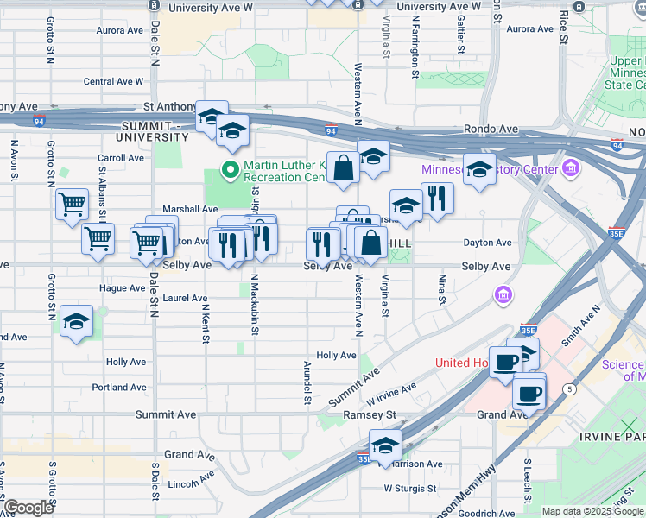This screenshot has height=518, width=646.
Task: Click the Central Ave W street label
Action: (113, 82)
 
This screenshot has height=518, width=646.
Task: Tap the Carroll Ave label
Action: (120, 158)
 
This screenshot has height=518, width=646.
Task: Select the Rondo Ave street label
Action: (491, 129)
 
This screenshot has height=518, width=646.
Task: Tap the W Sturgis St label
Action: (411, 489)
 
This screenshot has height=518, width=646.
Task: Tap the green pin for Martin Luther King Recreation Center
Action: (230, 169)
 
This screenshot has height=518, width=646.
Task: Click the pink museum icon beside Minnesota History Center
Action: (570, 167)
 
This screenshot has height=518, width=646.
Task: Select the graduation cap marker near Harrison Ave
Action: (385, 445)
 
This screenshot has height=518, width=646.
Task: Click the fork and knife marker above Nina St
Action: (437, 198)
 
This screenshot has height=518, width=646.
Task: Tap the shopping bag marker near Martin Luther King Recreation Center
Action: (343, 167)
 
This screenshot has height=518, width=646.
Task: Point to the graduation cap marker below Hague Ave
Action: (77, 322)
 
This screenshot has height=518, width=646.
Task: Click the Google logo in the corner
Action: (28, 509)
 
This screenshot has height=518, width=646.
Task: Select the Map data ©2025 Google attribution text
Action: (592, 511)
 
